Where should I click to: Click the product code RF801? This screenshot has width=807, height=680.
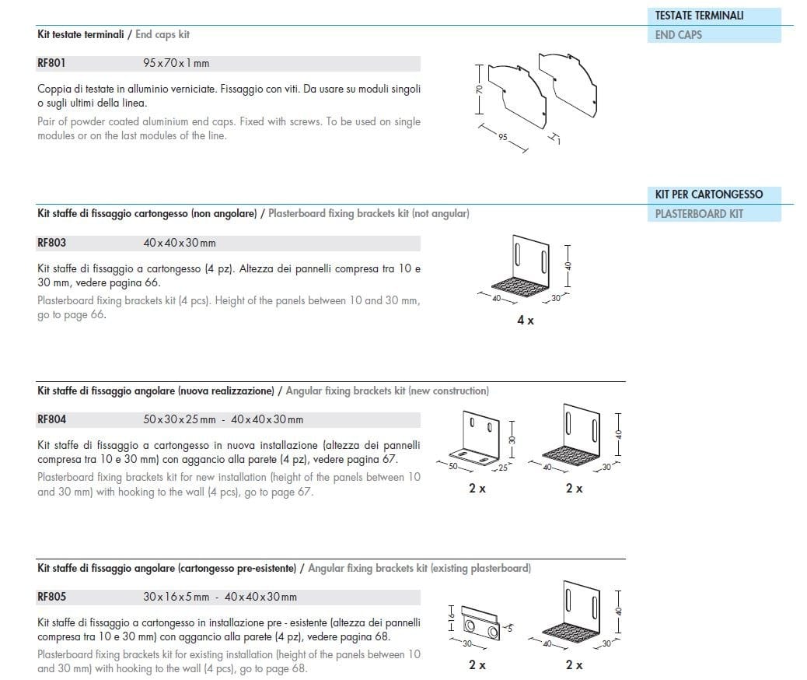pos(51,64)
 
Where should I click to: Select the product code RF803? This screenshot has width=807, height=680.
pos(51,243)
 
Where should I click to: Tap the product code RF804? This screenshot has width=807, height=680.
pos(51,419)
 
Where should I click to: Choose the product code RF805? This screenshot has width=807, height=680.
pos(51,598)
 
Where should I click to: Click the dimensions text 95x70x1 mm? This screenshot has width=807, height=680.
pos(176,64)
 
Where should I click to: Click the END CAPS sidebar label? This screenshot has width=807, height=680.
pos(678,35)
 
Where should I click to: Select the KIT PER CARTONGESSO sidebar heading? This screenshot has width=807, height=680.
pos(708,195)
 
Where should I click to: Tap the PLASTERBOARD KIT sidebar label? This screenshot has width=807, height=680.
pos(699,214)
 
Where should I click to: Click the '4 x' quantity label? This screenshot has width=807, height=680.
pos(526,321)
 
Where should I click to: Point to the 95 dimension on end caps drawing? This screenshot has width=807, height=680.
pos(503,137)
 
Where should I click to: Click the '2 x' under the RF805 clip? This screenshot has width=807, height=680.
pos(477,665)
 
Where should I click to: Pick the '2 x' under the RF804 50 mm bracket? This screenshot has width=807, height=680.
pos(477,489)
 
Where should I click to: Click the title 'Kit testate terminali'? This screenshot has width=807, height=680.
pos(80,35)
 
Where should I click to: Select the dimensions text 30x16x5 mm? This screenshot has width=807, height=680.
pos(176,598)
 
